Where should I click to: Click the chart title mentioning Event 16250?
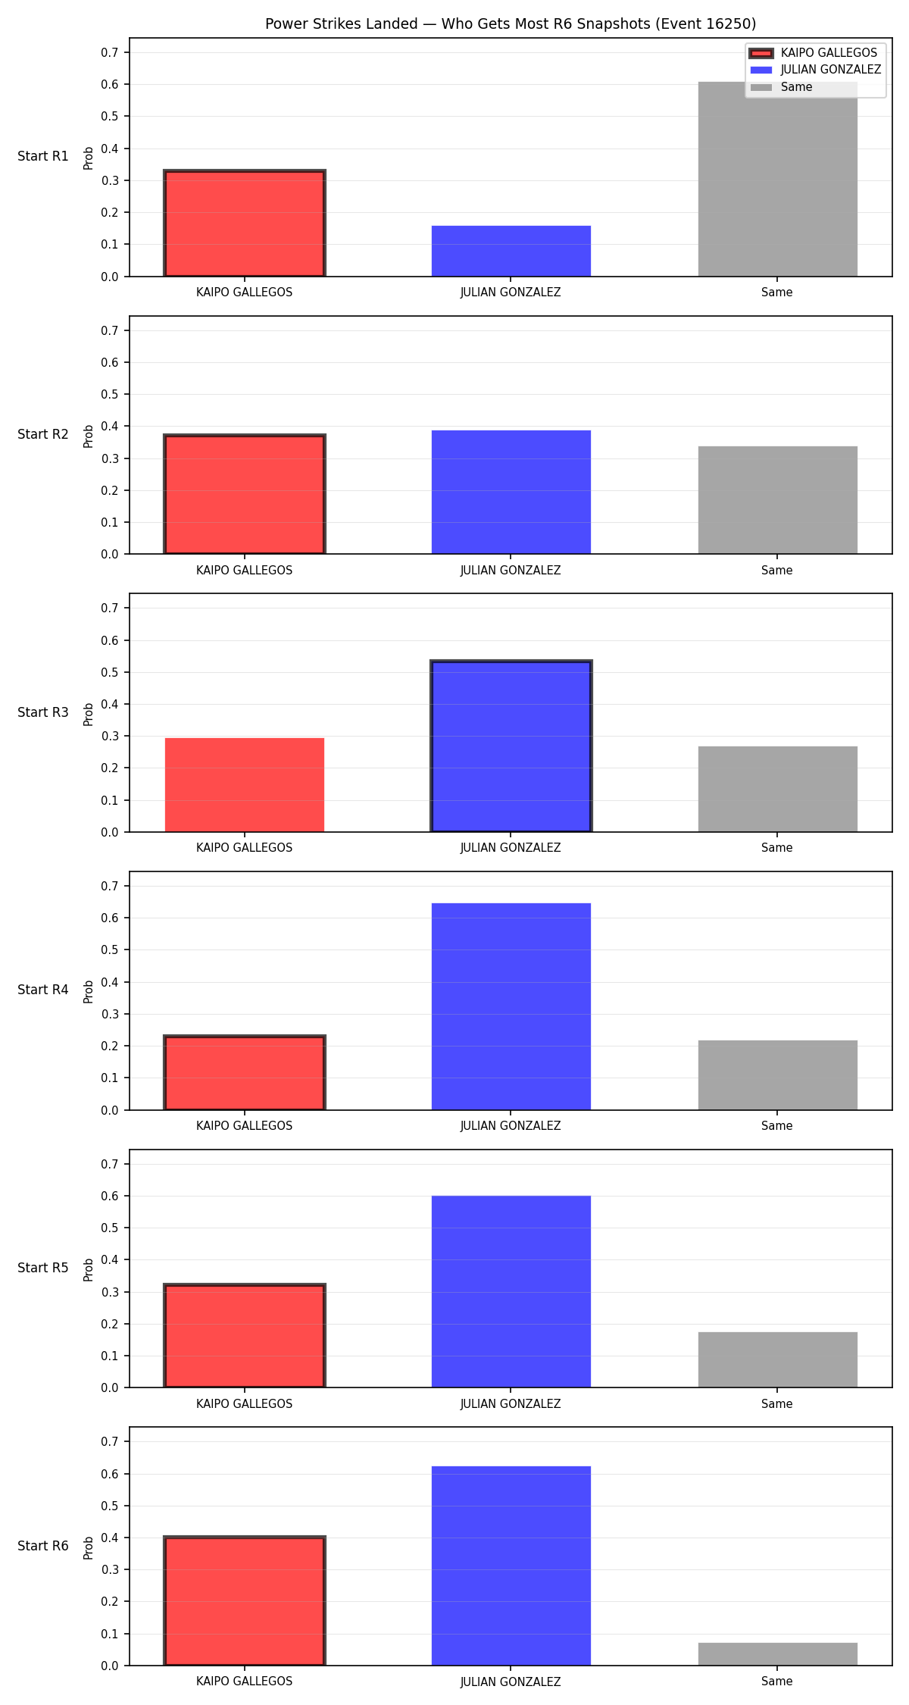511,23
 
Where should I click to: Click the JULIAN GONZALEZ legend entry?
815,70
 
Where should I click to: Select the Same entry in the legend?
781,87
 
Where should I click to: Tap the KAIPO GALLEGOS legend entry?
814,53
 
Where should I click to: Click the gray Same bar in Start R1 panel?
777,179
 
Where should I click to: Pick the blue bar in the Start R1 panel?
511,251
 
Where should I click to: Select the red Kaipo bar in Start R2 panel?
244,494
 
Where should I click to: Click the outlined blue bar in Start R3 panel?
511,746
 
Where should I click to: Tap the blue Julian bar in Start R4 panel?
511,1006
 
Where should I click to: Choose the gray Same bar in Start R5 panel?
777,1359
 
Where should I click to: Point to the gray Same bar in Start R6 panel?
777,1653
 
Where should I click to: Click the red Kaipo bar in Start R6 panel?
244,1600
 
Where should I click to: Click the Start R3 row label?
43,712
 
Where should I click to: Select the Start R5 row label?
43,1268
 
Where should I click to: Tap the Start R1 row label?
43,156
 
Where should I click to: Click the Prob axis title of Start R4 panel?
89,991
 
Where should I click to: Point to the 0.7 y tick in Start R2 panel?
110,330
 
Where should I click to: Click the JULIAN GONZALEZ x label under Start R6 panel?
511,1682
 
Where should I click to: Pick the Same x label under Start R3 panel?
777,848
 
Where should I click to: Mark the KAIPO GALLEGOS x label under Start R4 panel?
244,1126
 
